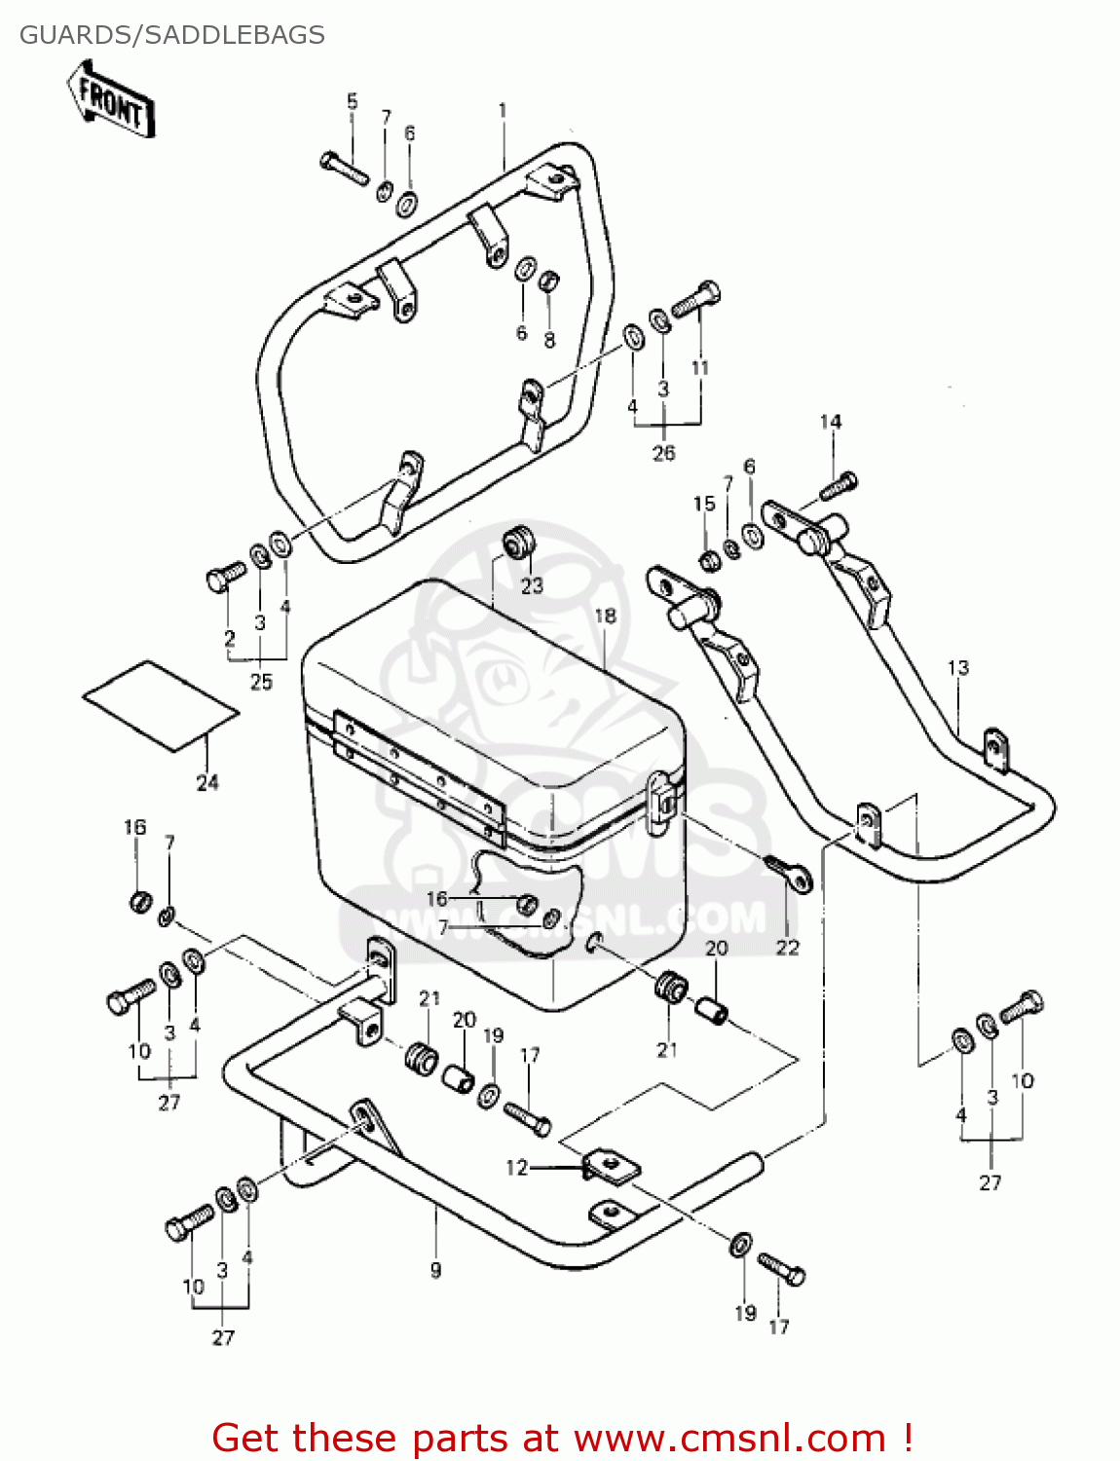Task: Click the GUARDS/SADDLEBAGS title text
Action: [172, 35]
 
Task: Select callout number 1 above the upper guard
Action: [503, 111]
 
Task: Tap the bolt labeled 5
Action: [343, 168]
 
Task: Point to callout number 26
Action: [663, 453]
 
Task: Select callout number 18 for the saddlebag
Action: [605, 616]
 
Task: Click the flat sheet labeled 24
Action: [161, 706]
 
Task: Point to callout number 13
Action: [958, 668]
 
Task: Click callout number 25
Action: [261, 682]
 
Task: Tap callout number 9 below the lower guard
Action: [435, 1269]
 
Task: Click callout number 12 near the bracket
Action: [516, 1167]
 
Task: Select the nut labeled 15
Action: [708, 559]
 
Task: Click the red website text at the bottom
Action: [562, 1438]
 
